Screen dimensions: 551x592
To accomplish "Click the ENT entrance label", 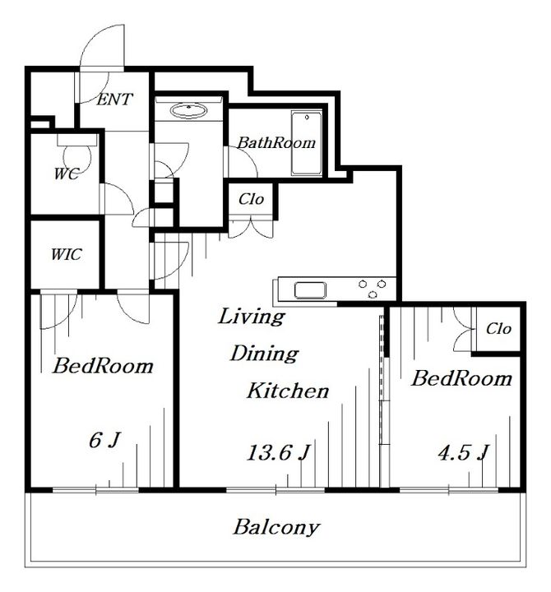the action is (x=114, y=99).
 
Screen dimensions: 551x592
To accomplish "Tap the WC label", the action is (x=67, y=173).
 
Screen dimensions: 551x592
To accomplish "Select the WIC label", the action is (x=66, y=254).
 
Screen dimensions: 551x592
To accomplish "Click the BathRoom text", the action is (x=276, y=143).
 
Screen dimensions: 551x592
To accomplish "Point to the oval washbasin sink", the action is (x=188, y=111).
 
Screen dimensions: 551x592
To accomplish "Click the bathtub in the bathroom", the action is (x=307, y=143).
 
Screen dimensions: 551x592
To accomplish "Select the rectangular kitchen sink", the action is (x=310, y=290).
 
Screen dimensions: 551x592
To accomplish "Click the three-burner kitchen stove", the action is (x=373, y=289).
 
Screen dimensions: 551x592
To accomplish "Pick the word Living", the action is (x=251, y=317).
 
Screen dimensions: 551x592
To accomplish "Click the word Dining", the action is (x=264, y=354).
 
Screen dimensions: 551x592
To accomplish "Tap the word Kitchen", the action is (x=288, y=391).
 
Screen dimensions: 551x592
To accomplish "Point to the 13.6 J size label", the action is (x=279, y=452).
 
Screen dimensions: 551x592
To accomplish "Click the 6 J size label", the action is (x=104, y=439).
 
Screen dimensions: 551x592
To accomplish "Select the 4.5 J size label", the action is (x=463, y=452).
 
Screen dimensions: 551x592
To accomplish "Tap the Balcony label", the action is (x=276, y=527).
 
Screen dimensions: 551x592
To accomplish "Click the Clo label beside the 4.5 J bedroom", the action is (x=498, y=328).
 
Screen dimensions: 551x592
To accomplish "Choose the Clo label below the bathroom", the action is (x=251, y=199).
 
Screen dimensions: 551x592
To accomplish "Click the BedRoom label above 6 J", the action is (x=103, y=365).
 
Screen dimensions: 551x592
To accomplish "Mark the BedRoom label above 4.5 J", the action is (x=461, y=378).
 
